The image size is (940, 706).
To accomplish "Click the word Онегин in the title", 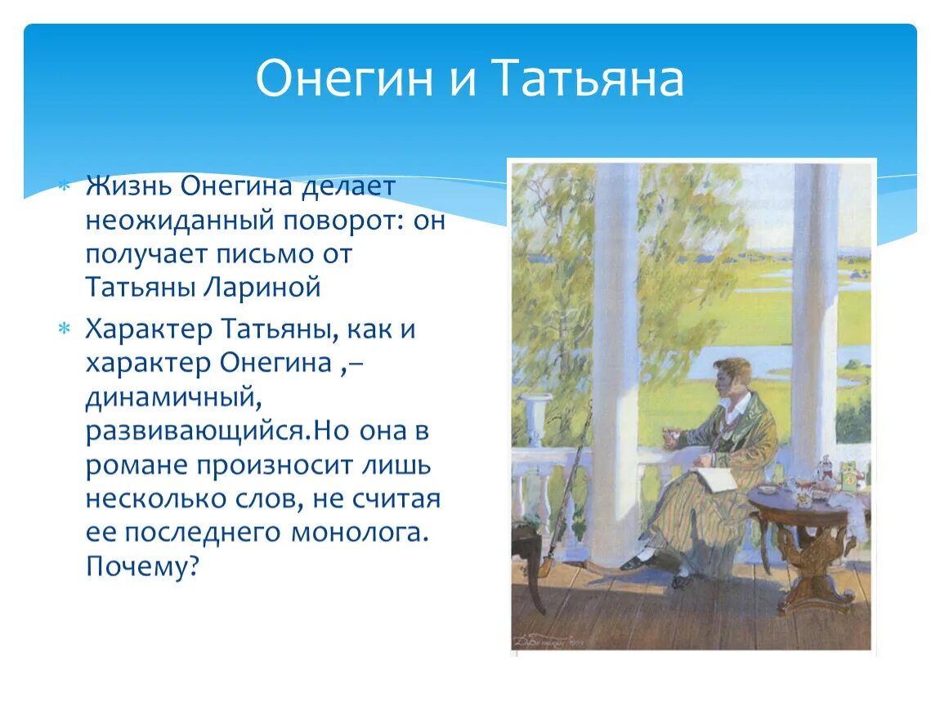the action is pos(344,78).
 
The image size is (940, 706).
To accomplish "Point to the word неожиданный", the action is pos(180,220).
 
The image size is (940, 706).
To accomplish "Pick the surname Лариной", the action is pos(262,287).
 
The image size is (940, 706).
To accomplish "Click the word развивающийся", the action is pos(199,431).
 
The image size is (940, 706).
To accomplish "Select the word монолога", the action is pos(360,532).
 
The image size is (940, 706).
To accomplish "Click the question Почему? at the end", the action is pos(142,566).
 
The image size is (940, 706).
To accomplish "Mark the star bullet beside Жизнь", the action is pos(64,186).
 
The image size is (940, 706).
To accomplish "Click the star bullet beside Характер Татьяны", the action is pos(64,329).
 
